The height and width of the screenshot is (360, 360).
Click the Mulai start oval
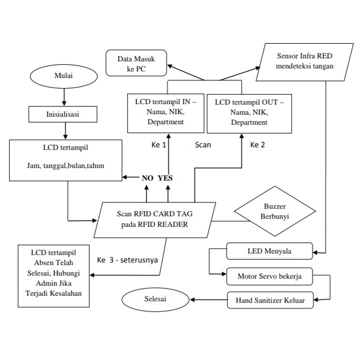point(63,76)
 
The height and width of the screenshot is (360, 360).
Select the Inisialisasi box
point(63,114)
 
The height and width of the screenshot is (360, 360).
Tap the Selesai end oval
point(155,299)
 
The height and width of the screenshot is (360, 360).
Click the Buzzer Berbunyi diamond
point(275,211)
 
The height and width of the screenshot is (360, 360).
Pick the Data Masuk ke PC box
point(136,63)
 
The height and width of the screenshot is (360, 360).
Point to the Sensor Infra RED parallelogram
point(304,62)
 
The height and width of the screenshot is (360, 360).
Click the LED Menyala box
point(269,251)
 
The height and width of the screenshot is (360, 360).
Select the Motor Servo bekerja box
point(269,276)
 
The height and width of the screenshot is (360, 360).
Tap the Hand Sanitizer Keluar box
point(270,300)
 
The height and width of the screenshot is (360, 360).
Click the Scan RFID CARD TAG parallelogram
point(154,220)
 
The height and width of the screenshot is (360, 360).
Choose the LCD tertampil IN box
point(165,113)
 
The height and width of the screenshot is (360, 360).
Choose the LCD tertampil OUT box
point(249,114)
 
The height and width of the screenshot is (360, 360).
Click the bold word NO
point(147,178)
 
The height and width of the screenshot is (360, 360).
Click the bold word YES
point(165,178)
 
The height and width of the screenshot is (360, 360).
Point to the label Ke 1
point(159,145)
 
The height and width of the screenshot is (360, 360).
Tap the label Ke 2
point(257,145)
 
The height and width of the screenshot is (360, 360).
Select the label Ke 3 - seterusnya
point(127,260)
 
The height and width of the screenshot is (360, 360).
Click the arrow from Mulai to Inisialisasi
point(64,97)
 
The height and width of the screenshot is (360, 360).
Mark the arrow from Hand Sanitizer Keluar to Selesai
point(209,300)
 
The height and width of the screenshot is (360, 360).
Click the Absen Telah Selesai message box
point(53,276)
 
